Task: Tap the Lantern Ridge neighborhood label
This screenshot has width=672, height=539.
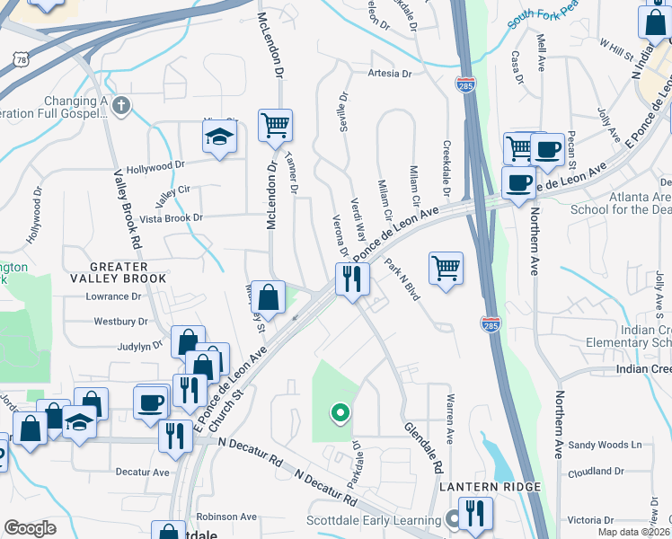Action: pyautogui.click(x=490, y=487)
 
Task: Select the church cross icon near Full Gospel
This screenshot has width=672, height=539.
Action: pyautogui.click(x=121, y=106)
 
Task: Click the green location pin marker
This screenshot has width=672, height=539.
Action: pyautogui.click(x=340, y=413)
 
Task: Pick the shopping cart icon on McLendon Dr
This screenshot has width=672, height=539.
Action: pyautogui.click(x=275, y=125)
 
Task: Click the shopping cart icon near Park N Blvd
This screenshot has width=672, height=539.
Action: pyautogui.click(x=446, y=267)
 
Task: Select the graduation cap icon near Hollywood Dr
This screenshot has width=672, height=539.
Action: pyautogui.click(x=218, y=137)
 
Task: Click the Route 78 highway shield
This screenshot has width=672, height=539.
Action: pyautogui.click(x=20, y=58)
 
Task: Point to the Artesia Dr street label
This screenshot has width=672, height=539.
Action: pyautogui.click(x=387, y=74)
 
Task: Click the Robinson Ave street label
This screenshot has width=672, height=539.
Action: pyautogui.click(x=226, y=517)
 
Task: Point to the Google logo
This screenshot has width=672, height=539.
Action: pyautogui.click(x=31, y=529)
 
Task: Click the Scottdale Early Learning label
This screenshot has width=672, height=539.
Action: pyautogui.click(x=382, y=518)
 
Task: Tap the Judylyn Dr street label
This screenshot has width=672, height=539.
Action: pyautogui.click(x=138, y=344)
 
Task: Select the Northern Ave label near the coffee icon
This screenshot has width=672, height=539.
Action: pyautogui.click(x=534, y=243)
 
